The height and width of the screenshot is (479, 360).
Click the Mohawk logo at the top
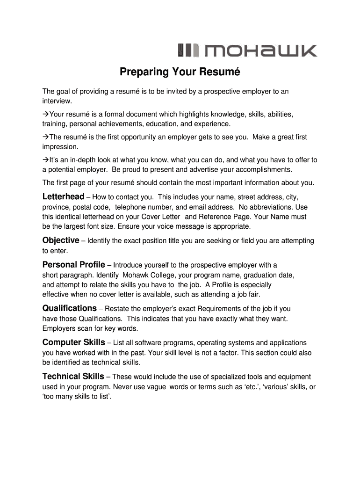[247, 51]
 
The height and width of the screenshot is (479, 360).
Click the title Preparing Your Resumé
[180, 73]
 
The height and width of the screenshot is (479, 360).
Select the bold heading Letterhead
[64, 196]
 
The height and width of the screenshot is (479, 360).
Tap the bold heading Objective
[61, 240]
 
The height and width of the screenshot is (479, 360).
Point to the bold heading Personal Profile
[74, 265]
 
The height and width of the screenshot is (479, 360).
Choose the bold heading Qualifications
[70, 308]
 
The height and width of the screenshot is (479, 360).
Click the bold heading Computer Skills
[74, 342]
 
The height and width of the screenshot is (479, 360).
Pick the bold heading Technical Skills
[73, 377]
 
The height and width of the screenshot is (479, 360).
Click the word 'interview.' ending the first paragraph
[58, 101]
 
